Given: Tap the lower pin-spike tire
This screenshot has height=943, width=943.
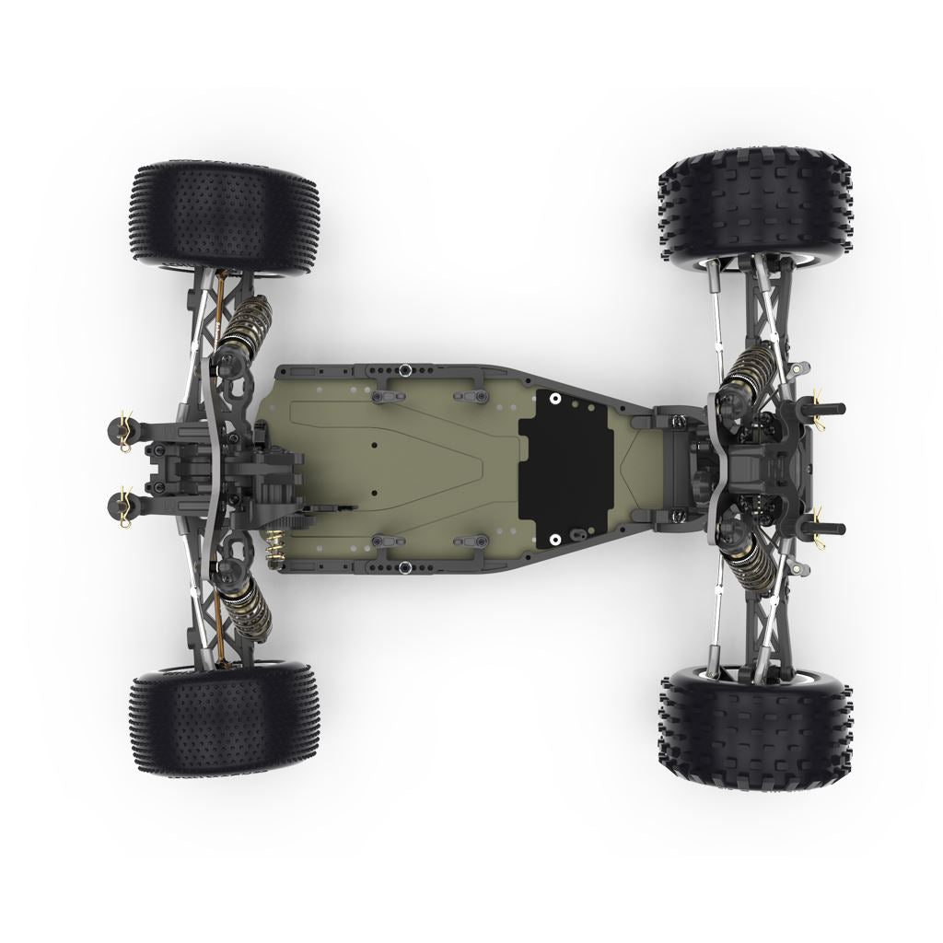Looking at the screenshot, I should click(x=226, y=723).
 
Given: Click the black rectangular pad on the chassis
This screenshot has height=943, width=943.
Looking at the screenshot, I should click(x=566, y=466).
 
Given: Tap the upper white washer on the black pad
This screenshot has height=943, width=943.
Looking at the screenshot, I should click(x=555, y=398).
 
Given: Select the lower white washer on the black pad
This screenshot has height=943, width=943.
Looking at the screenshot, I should click(x=555, y=538).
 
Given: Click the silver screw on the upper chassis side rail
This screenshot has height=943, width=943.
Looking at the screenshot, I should click(x=404, y=370).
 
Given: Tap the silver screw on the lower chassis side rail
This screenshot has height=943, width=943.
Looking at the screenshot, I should click(x=404, y=566).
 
